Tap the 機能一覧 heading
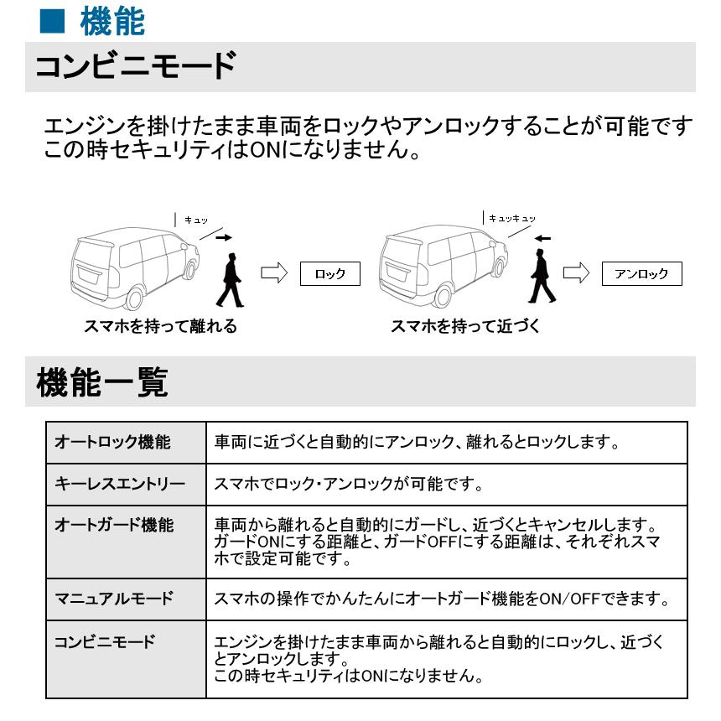pos(102,383)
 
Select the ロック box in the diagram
pos(329,273)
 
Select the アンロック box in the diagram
pos(641,273)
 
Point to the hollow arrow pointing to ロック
pos(275,272)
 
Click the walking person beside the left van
pos(230,281)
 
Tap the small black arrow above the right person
pos(542,238)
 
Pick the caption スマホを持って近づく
pos(465,327)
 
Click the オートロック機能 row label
pos(112,441)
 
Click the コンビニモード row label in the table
pos(105,642)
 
